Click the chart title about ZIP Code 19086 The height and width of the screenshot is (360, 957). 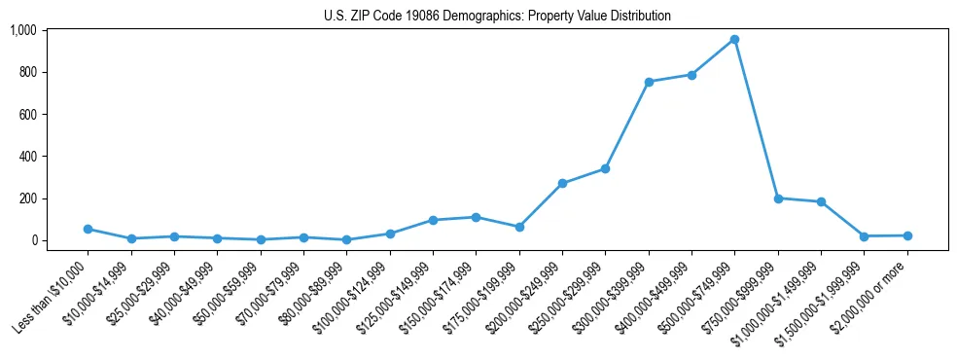point(497,17)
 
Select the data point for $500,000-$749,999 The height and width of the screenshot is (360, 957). point(734,40)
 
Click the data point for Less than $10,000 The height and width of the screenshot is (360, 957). point(89,230)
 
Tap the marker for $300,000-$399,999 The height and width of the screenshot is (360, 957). point(649,82)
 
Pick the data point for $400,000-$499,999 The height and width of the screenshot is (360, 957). point(691,75)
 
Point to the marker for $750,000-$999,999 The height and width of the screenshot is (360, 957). point(778,198)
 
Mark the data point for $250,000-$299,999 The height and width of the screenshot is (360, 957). point(605,169)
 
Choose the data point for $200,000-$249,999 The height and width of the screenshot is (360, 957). point(562,183)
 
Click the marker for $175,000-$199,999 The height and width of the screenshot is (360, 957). point(519,227)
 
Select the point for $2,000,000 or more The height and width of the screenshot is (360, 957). point(906,235)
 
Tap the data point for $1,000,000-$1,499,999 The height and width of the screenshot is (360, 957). point(821,202)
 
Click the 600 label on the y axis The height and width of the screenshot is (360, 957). point(27,115)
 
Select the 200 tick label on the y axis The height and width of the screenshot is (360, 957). point(27,198)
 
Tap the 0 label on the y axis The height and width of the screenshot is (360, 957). point(33,240)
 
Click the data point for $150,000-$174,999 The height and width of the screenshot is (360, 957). point(476,217)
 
